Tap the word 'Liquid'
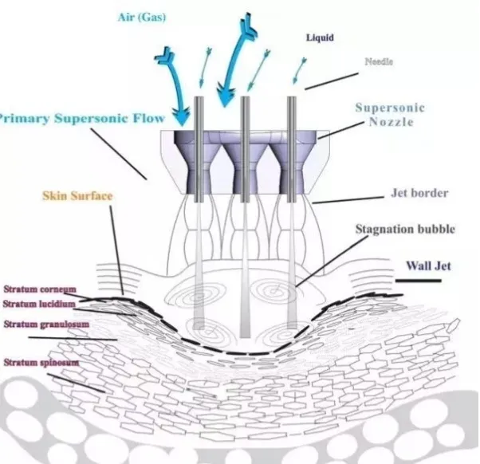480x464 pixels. [319, 37]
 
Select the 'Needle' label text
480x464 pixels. [378, 61]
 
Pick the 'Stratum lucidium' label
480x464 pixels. [39, 305]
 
